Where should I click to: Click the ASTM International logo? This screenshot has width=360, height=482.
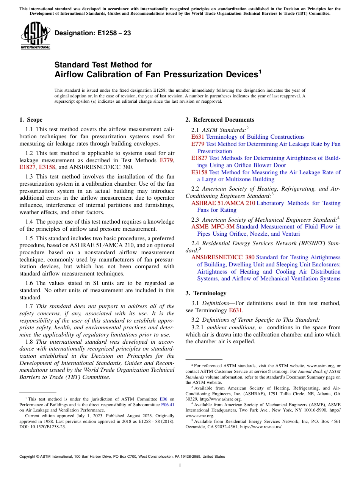coord(35,36)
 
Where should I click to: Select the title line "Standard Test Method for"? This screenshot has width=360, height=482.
coord(103,65)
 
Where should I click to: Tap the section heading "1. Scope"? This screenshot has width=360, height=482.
coord(31,120)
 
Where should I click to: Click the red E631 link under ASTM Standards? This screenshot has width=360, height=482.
coord(198,137)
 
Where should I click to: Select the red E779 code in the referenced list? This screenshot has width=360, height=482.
coord(198,144)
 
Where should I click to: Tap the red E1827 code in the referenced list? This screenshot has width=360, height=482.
coord(199,158)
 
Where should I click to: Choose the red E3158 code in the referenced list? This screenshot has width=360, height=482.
coord(199,172)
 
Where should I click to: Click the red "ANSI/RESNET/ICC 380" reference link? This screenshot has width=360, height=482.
coord(223,258)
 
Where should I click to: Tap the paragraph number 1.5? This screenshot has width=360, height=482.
coord(30,238)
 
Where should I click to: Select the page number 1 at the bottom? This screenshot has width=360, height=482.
coord(180,466)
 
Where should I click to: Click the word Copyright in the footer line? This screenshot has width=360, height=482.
coord(28,457)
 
